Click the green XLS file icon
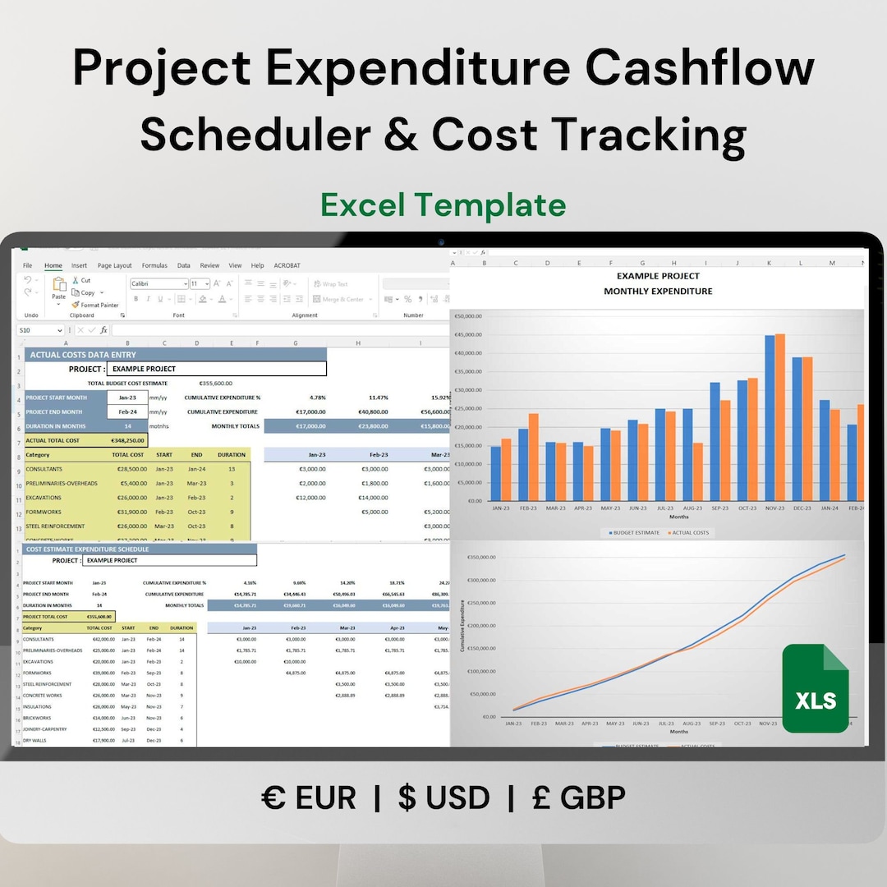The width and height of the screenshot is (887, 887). pyautogui.click(x=815, y=688)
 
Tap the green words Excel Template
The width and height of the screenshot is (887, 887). pyautogui.click(x=443, y=205)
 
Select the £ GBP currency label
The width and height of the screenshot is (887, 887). pyautogui.click(x=579, y=797)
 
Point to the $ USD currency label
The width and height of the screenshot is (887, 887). pyautogui.click(x=444, y=797)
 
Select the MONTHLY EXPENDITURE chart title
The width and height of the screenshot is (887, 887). pyautogui.click(x=658, y=292)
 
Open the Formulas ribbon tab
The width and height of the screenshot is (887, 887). pyautogui.click(x=154, y=266)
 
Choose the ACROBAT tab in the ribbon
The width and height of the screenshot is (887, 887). pyautogui.click(x=287, y=266)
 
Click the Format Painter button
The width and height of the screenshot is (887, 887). pyautogui.click(x=95, y=305)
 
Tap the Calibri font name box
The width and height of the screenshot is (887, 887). pyautogui.click(x=158, y=283)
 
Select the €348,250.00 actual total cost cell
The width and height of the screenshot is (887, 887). pyautogui.click(x=127, y=440)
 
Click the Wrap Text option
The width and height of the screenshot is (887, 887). pyautogui.click(x=329, y=284)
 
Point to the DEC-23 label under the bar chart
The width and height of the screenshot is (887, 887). pyautogui.click(x=802, y=508)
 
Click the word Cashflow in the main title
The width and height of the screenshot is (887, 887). pyautogui.click(x=700, y=69)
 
